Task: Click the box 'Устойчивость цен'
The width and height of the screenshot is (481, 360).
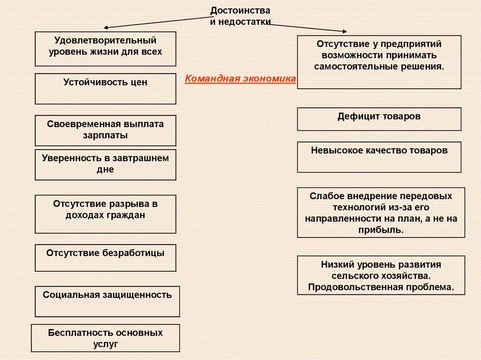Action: [105, 88]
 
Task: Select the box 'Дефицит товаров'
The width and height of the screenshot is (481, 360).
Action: [379, 119]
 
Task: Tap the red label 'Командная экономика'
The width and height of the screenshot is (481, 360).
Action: [240, 79]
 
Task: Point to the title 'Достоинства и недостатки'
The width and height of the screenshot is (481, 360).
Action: [240, 16]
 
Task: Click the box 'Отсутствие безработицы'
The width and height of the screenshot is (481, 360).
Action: [105, 257]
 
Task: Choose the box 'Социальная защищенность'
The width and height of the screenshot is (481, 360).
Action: [107, 301]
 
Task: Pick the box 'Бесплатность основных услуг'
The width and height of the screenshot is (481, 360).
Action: [105, 338]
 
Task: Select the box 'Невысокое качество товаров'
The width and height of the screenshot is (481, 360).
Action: [379, 157]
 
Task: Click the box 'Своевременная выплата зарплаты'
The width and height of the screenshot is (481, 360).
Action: [105, 130]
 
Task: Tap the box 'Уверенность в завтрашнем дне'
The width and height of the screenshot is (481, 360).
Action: [105, 164]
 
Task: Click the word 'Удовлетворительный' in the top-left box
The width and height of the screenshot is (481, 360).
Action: [105, 41]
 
